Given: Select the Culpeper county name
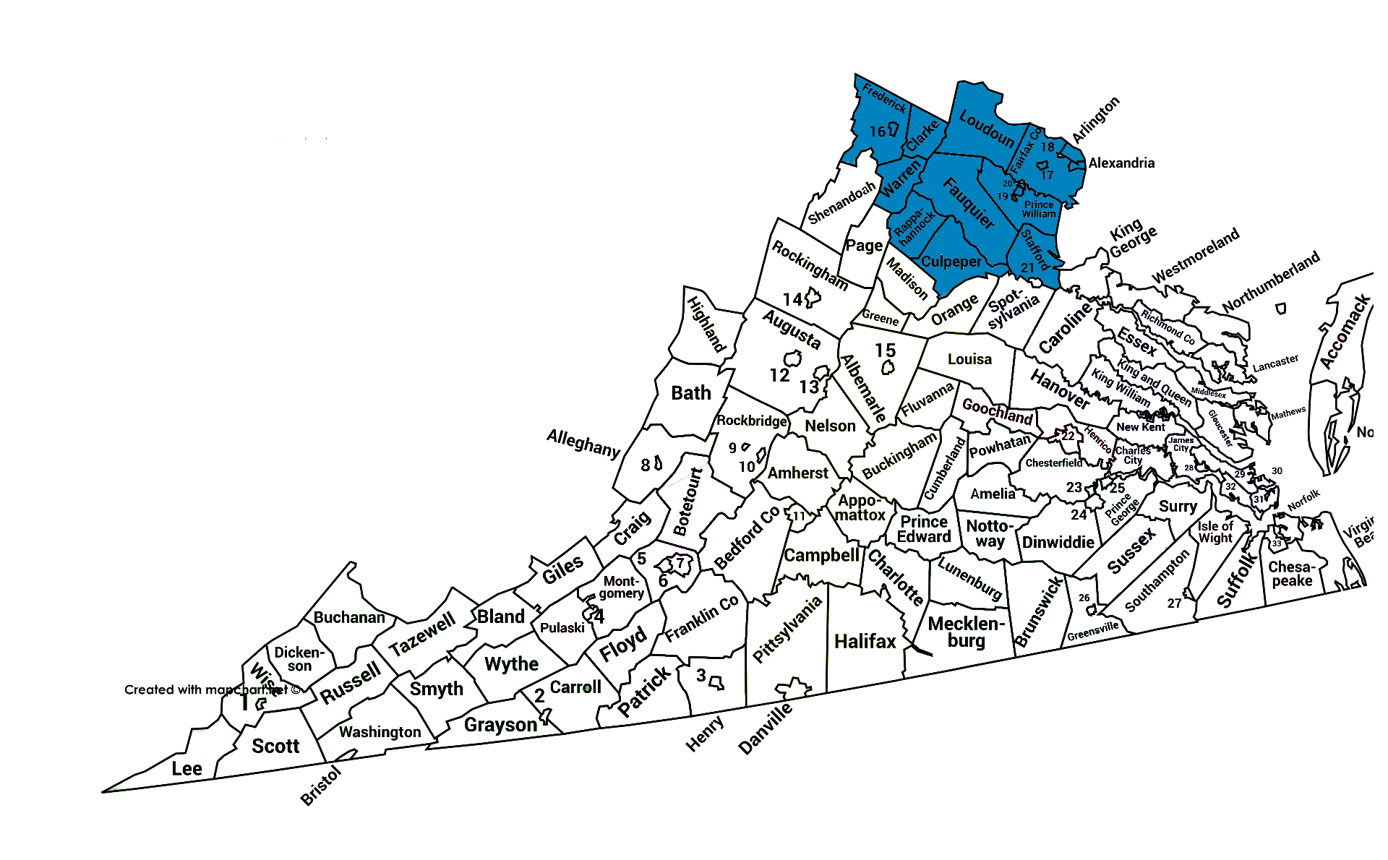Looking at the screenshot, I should click(951, 262).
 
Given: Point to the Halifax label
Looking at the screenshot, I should click(865, 641).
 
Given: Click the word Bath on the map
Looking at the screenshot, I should click(691, 393).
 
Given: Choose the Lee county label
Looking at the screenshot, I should click(187, 768).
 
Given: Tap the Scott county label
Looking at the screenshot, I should click(275, 746).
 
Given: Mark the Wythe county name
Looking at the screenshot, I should click(511, 663).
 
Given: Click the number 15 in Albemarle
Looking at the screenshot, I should click(885, 351).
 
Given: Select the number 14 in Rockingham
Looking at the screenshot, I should click(793, 299).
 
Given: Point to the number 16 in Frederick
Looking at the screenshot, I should click(878, 132).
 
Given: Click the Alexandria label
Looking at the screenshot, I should click(1121, 163).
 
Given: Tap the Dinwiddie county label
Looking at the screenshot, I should click(1058, 542).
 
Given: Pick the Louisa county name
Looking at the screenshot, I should click(969, 359).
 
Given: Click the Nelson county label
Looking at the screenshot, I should click(830, 426).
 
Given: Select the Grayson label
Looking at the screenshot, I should click(500, 725).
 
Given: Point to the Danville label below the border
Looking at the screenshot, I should click(765, 729).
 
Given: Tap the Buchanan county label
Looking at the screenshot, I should click(349, 617).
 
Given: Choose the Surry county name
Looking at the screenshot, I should click(1178, 507).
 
